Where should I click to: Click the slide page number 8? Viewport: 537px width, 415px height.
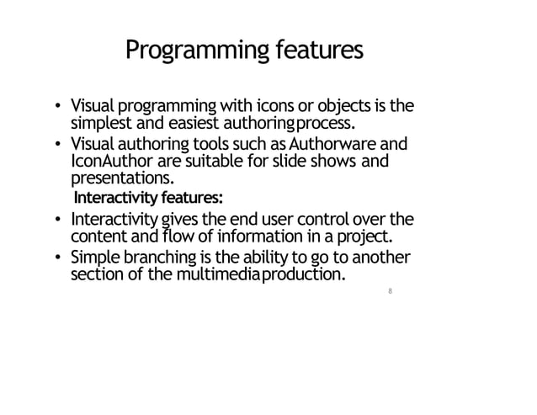coord(390,291)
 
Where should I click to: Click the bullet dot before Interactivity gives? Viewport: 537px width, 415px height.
coord(57,220)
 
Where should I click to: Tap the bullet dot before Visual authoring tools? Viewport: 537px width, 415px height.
coord(57,142)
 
